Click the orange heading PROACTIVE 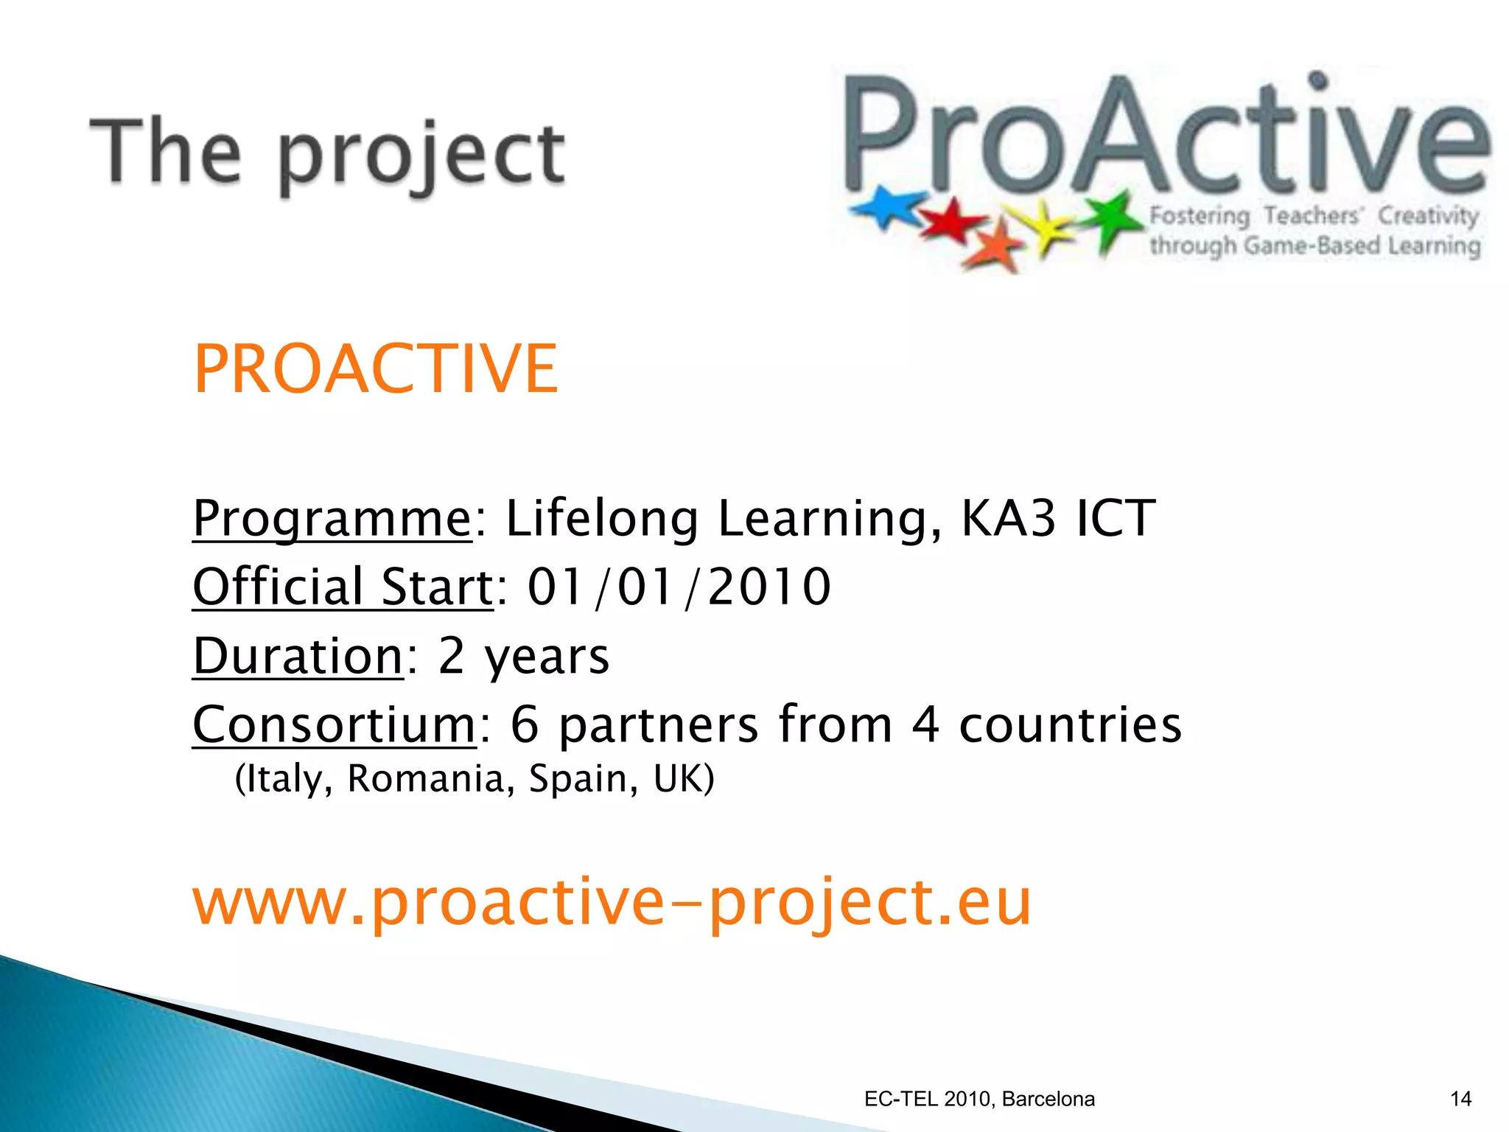coord(375,369)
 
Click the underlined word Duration coord(298,656)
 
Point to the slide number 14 coord(1460,1099)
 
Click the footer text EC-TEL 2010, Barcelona coord(979,1099)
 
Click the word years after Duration coord(546,656)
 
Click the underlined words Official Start coord(343,587)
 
